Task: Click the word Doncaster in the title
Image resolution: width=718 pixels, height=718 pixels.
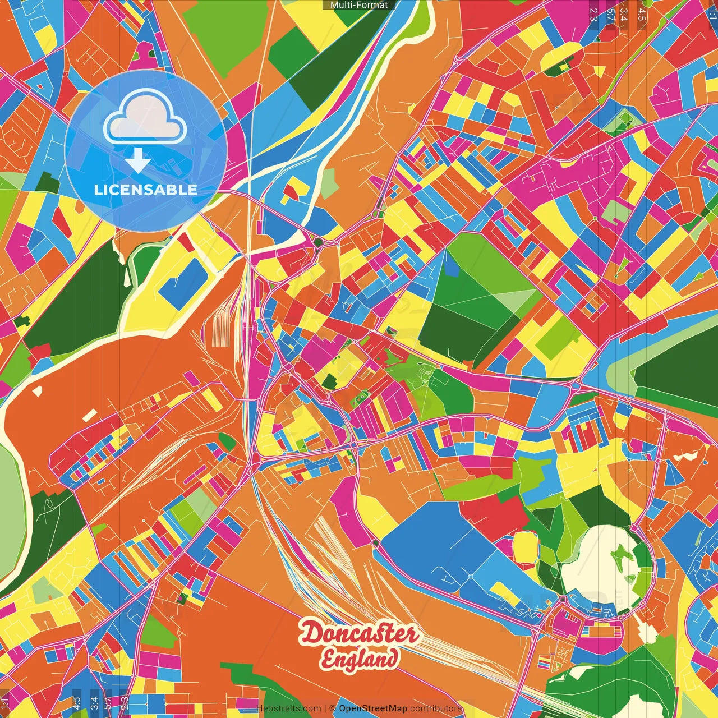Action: (360, 634)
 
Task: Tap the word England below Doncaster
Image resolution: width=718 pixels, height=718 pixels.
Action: (360, 658)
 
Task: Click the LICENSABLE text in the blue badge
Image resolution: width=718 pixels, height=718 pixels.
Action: (146, 190)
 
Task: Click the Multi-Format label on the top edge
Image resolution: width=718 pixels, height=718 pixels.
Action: (359, 5)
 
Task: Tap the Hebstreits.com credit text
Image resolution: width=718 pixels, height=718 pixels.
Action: (288, 708)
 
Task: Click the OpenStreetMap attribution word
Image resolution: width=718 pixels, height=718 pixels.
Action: (373, 708)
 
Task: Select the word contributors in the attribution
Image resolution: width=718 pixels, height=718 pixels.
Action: (436, 708)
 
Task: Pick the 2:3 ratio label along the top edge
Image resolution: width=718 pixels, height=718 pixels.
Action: (593, 14)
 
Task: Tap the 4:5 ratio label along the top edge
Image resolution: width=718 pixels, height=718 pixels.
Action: (642, 14)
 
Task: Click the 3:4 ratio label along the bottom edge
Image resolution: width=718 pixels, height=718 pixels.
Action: (94, 701)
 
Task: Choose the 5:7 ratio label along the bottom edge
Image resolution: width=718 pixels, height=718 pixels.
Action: (108, 701)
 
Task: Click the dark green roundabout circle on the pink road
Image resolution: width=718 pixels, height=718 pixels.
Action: (318, 242)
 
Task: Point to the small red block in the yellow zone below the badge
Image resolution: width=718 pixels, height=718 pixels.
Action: (185, 242)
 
